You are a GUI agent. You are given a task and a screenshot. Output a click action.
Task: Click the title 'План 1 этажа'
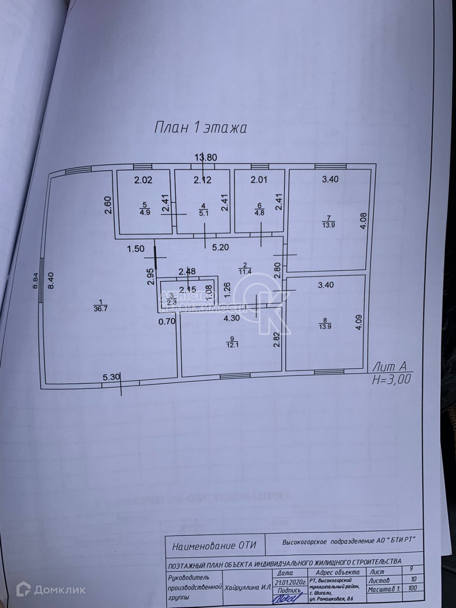click(x=201, y=128)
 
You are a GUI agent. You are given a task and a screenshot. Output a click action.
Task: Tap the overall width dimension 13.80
click(x=206, y=157)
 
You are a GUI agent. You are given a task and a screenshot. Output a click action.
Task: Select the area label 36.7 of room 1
click(x=101, y=308)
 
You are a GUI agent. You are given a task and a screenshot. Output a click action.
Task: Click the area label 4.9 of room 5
click(x=145, y=212)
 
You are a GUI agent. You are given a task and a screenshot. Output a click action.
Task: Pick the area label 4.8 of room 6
click(x=259, y=213)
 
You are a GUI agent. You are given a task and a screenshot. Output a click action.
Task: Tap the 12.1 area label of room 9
click(x=232, y=345)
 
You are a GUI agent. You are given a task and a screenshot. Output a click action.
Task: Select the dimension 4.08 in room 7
click(x=364, y=221)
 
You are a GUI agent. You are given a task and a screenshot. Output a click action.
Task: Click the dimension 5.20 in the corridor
click(x=220, y=247)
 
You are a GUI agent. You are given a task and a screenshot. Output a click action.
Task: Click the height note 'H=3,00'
click(x=391, y=380)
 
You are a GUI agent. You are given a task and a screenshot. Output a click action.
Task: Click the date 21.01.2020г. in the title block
click(x=290, y=582)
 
